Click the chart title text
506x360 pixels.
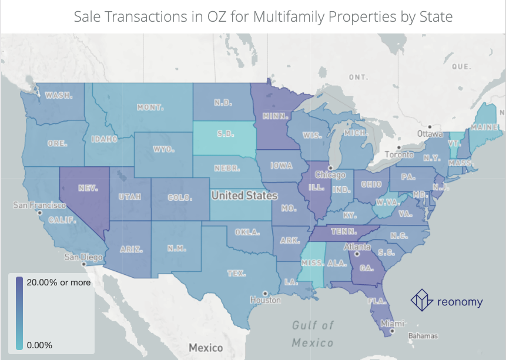(263, 16)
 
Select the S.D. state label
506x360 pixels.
(226, 134)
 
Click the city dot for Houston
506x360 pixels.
(265, 293)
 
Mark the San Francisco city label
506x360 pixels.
(39, 206)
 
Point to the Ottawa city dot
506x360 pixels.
(430, 127)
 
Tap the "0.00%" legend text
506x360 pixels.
(39, 345)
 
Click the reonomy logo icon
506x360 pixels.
(421, 300)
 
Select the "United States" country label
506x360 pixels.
(244, 195)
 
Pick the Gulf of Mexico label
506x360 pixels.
(313, 334)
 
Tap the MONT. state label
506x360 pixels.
(150, 108)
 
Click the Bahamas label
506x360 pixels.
(423, 336)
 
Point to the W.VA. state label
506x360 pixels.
(388, 203)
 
